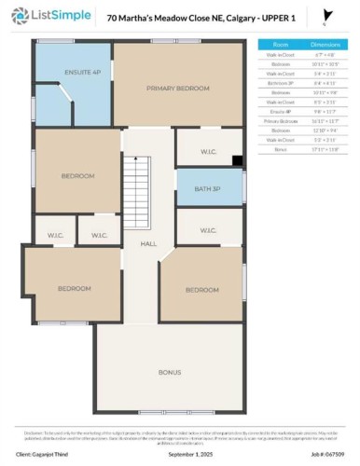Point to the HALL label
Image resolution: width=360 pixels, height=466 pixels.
pos(147,243)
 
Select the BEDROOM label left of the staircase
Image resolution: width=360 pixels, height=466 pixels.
pos(78,175)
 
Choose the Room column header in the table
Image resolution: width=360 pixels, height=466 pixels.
pos(280,44)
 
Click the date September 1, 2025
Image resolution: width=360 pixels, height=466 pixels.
pos(180,455)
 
